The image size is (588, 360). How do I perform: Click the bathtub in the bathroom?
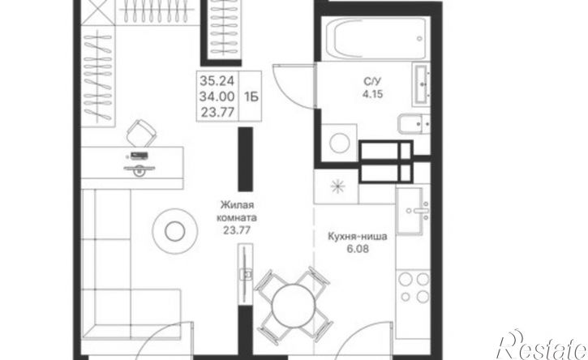point(376,39)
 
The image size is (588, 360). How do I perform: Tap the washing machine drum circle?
point(340,144)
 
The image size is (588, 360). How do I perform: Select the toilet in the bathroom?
point(414,124)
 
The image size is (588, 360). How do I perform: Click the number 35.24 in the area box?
point(217,80)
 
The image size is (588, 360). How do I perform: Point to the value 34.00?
point(217,96)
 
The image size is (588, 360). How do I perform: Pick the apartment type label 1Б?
point(251,97)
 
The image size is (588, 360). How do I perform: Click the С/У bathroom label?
point(372,81)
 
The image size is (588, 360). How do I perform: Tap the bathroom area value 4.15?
point(372,94)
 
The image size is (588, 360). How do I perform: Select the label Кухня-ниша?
point(358,237)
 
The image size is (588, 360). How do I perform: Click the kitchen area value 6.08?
point(358,249)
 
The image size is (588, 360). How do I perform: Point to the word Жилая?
point(237,205)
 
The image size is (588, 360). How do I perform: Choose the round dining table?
point(294,305)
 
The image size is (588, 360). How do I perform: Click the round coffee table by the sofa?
point(174,231)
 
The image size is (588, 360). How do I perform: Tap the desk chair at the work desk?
point(140,133)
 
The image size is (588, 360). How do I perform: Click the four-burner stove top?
point(414,288)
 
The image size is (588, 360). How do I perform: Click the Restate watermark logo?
point(543,346)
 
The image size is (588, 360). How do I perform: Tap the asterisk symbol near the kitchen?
point(337,186)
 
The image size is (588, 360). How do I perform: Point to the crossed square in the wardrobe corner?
point(97,12)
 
